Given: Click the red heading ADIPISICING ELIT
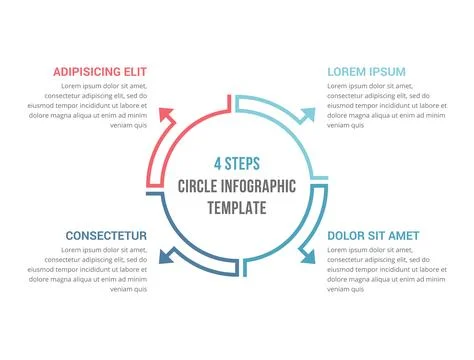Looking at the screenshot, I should [x=100, y=72].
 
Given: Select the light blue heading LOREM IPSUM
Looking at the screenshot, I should [x=366, y=72].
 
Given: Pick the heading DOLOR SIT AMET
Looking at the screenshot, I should [x=373, y=236].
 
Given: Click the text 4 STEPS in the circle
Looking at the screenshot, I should [x=236, y=163].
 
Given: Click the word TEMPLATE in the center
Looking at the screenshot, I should [x=236, y=208].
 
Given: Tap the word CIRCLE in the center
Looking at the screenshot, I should [x=198, y=186].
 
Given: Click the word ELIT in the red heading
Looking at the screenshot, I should [x=133, y=72].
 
